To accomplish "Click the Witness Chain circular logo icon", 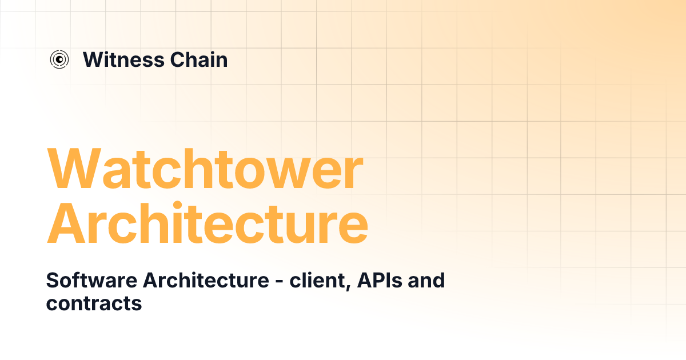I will pyautogui.click(x=59, y=59).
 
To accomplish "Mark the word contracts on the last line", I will pyautogui.click(x=94, y=303).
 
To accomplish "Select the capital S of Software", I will pyautogui.click(x=52, y=281).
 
